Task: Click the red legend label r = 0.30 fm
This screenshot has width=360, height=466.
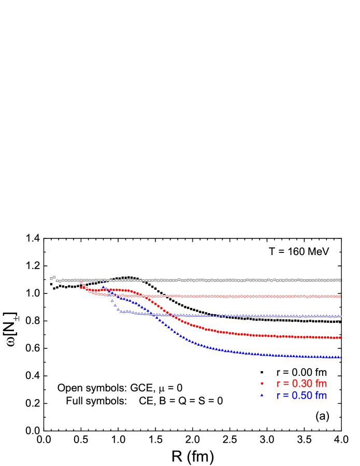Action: point(301,384)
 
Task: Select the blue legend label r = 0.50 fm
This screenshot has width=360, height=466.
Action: point(301,396)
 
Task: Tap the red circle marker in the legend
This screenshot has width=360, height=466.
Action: point(262,384)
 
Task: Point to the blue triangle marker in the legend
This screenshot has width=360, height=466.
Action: point(262,396)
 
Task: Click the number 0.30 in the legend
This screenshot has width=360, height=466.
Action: point(302,384)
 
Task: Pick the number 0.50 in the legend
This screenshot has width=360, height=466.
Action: point(302,396)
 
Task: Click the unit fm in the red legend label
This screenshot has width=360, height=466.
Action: point(321,384)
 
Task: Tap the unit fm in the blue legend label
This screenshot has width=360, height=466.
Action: point(321,396)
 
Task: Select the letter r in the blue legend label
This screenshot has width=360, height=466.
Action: point(278,396)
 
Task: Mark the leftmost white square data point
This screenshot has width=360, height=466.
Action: point(51,278)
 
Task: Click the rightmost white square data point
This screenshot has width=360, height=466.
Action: point(340,280)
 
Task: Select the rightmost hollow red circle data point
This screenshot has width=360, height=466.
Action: point(340,296)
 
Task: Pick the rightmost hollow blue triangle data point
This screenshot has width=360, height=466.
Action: point(340,316)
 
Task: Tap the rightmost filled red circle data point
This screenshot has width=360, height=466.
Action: point(340,337)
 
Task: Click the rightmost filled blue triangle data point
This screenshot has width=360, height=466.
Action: point(340,357)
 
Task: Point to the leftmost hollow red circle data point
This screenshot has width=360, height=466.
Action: point(81,283)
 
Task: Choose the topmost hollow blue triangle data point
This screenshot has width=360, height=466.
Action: point(103,281)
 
